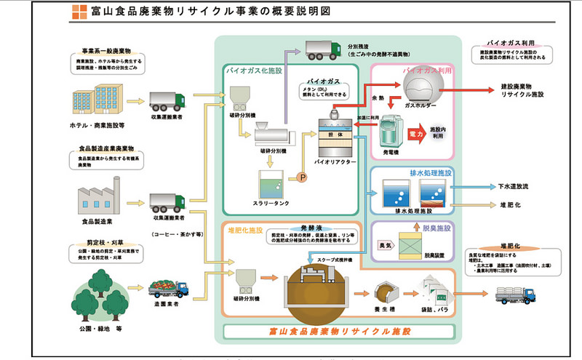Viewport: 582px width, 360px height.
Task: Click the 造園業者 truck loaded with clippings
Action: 170,287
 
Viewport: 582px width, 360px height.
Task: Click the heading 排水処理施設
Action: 431,175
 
